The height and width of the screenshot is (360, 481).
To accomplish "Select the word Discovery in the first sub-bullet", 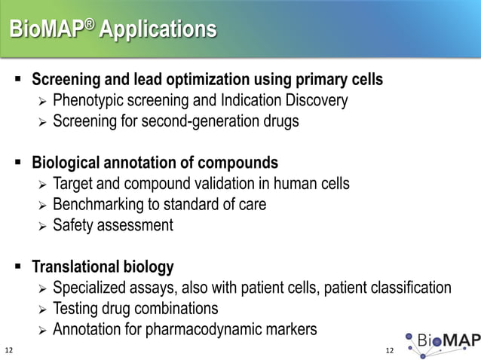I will coord(317,100).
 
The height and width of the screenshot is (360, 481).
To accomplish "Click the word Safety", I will coord(73,224).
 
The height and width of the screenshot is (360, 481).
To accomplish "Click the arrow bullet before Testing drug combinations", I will coord(42,309).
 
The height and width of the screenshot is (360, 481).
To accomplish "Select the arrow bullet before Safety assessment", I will coord(42,225).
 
